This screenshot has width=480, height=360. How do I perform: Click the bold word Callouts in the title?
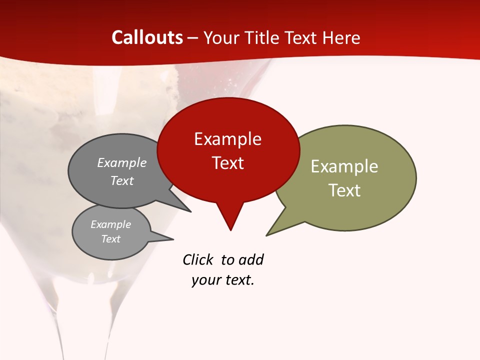pos(147,37)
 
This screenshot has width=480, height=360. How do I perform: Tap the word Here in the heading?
pos(342,37)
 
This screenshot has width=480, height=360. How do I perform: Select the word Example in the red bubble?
pos(227,139)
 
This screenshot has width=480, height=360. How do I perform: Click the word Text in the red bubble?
pos(227,163)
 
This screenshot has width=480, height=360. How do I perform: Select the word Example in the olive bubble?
pos(344,166)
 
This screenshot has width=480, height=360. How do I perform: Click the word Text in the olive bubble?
pos(344,190)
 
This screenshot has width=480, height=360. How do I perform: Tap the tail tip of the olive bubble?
pos(267,235)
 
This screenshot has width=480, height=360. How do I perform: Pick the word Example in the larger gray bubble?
pos(121,163)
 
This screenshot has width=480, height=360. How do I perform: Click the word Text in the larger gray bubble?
pos(121,180)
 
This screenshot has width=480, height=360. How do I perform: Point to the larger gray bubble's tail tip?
pos(190,211)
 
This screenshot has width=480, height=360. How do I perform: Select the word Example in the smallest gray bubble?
pos(110,224)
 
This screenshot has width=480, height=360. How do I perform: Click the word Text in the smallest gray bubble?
pos(110,239)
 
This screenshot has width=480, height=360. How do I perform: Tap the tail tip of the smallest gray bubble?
pos(173,239)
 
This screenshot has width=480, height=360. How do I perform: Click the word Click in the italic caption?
pos(197,259)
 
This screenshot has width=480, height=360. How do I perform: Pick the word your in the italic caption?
pos(205,280)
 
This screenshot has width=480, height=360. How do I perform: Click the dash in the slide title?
pos(193,38)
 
